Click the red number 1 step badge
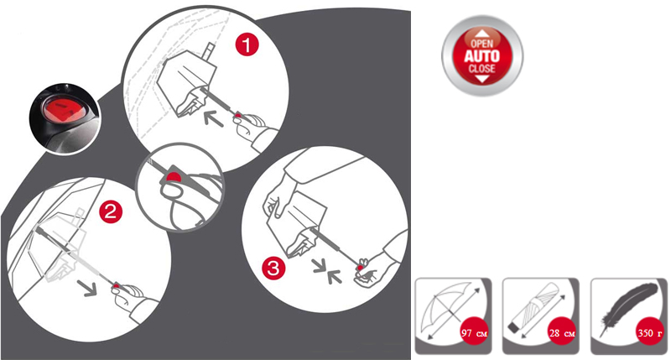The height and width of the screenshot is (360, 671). pyautogui.click(x=247, y=44)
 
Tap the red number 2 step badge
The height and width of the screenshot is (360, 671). pyautogui.click(x=111, y=211)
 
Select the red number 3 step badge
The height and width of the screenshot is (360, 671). pyautogui.click(x=273, y=268)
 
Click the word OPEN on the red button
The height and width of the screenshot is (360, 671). pyautogui.click(x=482, y=44)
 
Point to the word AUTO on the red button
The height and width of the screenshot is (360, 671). pyautogui.click(x=482, y=55)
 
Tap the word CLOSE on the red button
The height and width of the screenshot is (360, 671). pyautogui.click(x=482, y=69)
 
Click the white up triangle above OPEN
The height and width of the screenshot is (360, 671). pyautogui.click(x=482, y=33)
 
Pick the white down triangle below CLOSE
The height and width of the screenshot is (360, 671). pyautogui.click(x=482, y=79)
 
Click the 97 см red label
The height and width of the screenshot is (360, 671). pyautogui.click(x=474, y=333)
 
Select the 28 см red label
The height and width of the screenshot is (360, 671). pyautogui.click(x=562, y=333)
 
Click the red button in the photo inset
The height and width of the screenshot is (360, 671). pyautogui.click(x=63, y=108)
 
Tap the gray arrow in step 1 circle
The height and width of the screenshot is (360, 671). pyautogui.click(x=214, y=118)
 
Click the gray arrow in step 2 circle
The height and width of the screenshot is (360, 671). pyautogui.click(x=87, y=287)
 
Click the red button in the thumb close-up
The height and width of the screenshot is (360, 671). pyautogui.click(x=174, y=176)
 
